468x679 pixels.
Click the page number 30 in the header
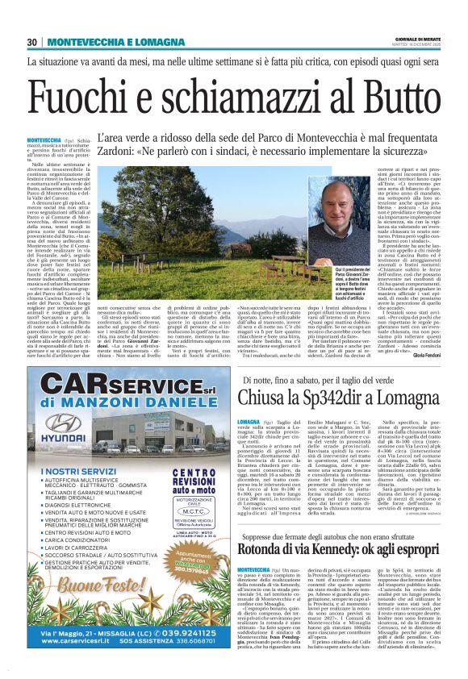tap(32, 42)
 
